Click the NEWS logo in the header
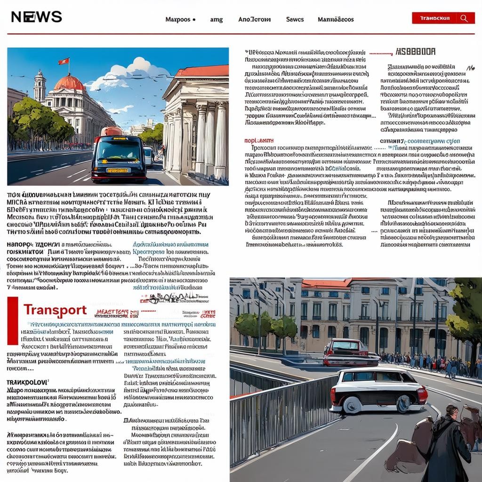coord(36,17)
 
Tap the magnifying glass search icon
coord(464,18)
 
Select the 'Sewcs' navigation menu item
coord(295,19)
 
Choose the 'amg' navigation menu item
coord(216,19)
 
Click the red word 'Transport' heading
coord(55,310)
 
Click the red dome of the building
coord(69,83)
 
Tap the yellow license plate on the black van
coord(117,170)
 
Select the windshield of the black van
coord(119,150)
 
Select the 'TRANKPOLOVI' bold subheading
coord(27,383)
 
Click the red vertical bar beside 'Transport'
coord(13,321)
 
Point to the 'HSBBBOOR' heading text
coord(416,52)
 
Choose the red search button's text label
coord(434,18)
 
